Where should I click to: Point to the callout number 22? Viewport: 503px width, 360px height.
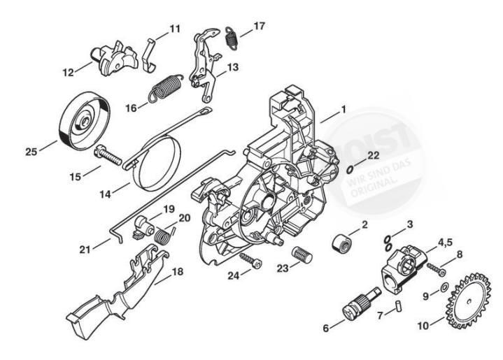(x=374, y=155)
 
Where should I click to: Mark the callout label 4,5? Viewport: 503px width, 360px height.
(x=447, y=244)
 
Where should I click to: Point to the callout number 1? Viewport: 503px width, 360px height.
(x=343, y=110)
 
